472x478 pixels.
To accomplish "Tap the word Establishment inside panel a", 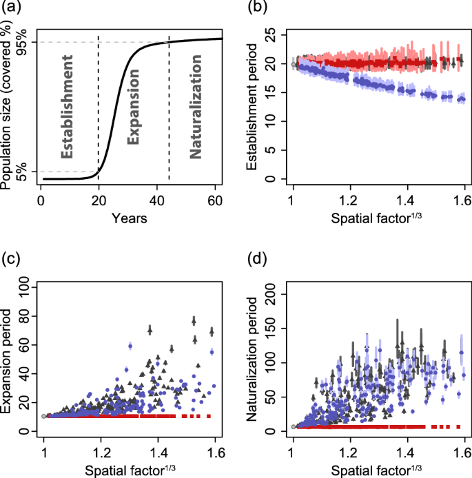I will [67, 107].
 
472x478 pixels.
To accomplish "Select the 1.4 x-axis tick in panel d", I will [407, 454].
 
